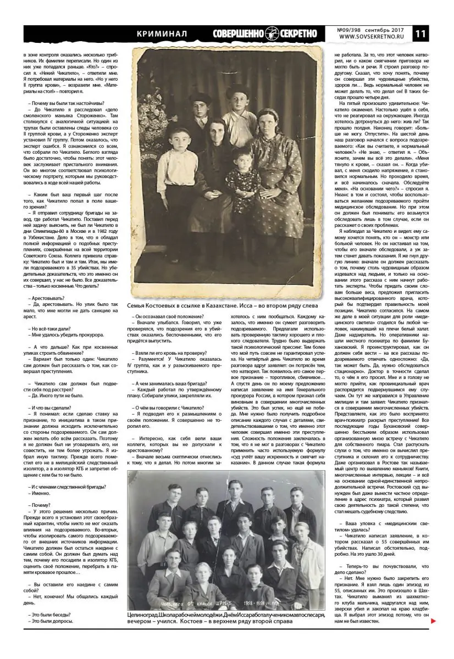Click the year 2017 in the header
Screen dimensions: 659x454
(x=396, y=29)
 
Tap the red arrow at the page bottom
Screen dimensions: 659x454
(x=434, y=621)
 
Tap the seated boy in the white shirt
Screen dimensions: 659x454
(x=178, y=170)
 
